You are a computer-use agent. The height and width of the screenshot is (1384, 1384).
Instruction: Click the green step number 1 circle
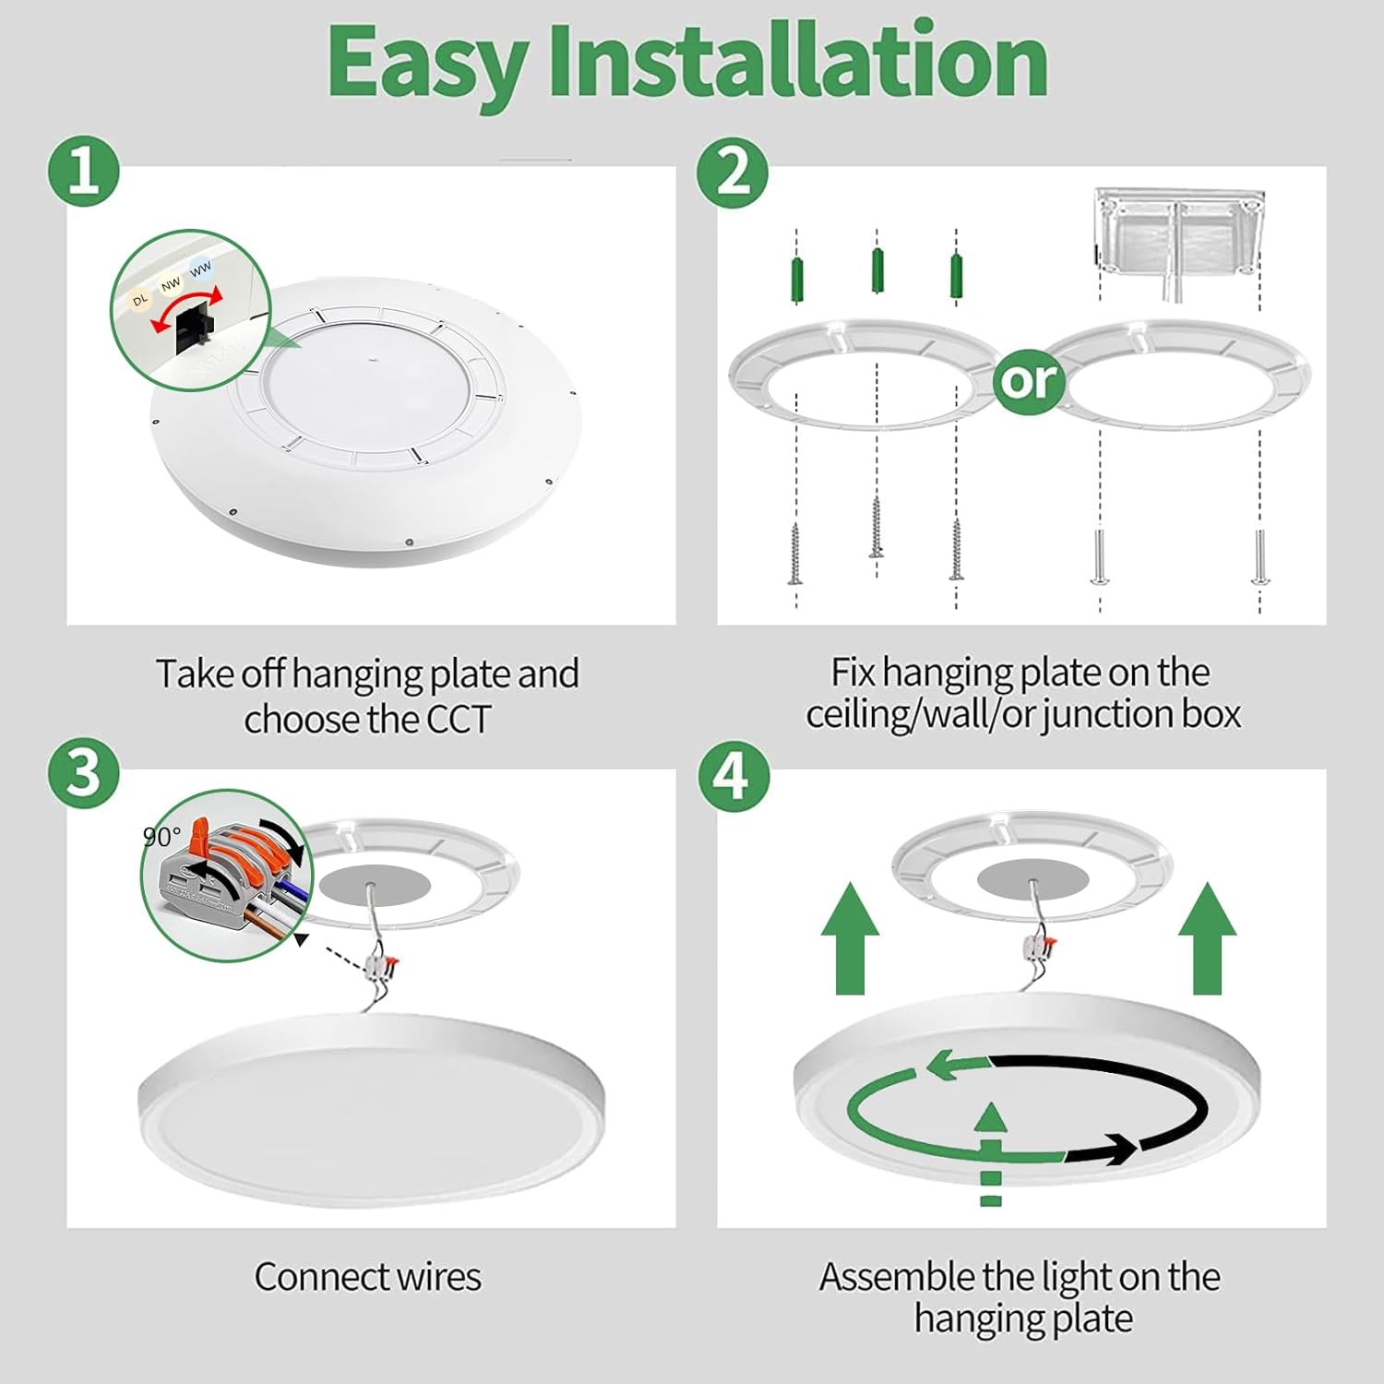click(84, 171)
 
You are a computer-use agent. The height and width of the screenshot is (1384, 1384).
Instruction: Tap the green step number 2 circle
click(733, 171)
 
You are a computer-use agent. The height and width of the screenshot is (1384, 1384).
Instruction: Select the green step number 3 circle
click(84, 772)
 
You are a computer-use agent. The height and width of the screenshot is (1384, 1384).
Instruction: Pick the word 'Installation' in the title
click(798, 61)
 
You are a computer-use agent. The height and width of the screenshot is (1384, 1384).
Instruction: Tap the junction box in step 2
click(1178, 231)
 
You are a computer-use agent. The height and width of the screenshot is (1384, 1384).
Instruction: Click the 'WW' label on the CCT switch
click(200, 268)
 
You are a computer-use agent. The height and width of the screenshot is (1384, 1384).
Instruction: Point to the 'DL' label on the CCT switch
click(139, 300)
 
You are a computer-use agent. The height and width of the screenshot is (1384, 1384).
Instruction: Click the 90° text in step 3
click(162, 837)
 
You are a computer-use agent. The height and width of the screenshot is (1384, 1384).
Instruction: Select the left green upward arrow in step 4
click(850, 937)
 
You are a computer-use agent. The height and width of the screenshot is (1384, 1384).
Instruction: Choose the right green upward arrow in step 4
click(1208, 937)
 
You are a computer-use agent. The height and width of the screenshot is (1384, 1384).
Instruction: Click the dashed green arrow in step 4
click(990, 1153)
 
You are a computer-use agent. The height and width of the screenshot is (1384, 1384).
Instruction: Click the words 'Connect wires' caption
click(368, 1277)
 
